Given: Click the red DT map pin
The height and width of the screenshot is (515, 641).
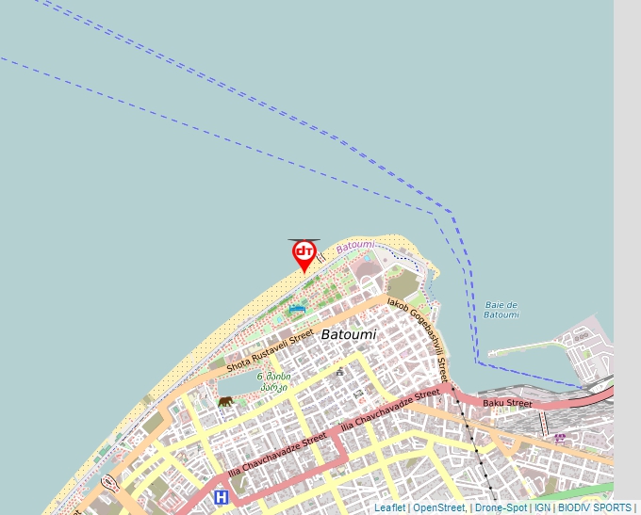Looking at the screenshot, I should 304,253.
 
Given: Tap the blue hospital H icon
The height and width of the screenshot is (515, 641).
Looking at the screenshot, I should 221,496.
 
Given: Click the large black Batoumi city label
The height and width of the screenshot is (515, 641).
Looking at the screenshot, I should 348,334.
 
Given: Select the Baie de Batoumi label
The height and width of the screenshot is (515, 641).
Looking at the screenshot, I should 501,310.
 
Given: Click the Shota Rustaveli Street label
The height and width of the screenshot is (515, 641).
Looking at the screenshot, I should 270,351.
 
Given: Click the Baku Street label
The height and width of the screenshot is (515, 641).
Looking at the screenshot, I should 507,404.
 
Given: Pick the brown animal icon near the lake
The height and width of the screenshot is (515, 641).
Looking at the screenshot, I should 225,402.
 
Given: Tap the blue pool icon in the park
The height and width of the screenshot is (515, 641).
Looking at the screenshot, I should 297,309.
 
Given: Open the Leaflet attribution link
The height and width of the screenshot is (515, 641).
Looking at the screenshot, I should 389,507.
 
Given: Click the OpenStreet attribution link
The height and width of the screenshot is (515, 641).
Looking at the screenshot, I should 438,507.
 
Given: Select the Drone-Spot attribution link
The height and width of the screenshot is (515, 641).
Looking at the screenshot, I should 501,507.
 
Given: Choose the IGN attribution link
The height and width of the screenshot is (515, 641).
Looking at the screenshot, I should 542,507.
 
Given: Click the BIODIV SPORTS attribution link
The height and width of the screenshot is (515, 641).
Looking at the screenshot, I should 594,507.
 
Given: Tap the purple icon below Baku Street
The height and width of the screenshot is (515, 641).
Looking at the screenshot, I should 560,437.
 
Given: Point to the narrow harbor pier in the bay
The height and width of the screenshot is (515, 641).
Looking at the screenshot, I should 528,350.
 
